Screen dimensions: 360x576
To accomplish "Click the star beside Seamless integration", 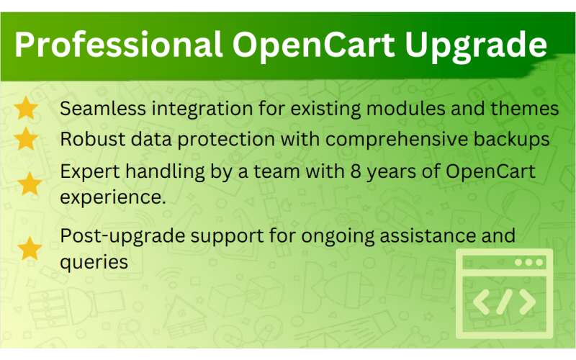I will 27,109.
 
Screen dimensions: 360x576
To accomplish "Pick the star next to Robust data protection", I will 27,138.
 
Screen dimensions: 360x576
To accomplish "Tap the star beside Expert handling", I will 30,184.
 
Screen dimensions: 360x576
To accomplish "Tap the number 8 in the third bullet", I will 348,172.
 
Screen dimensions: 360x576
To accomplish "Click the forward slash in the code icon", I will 505,303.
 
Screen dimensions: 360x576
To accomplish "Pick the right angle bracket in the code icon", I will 528,303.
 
